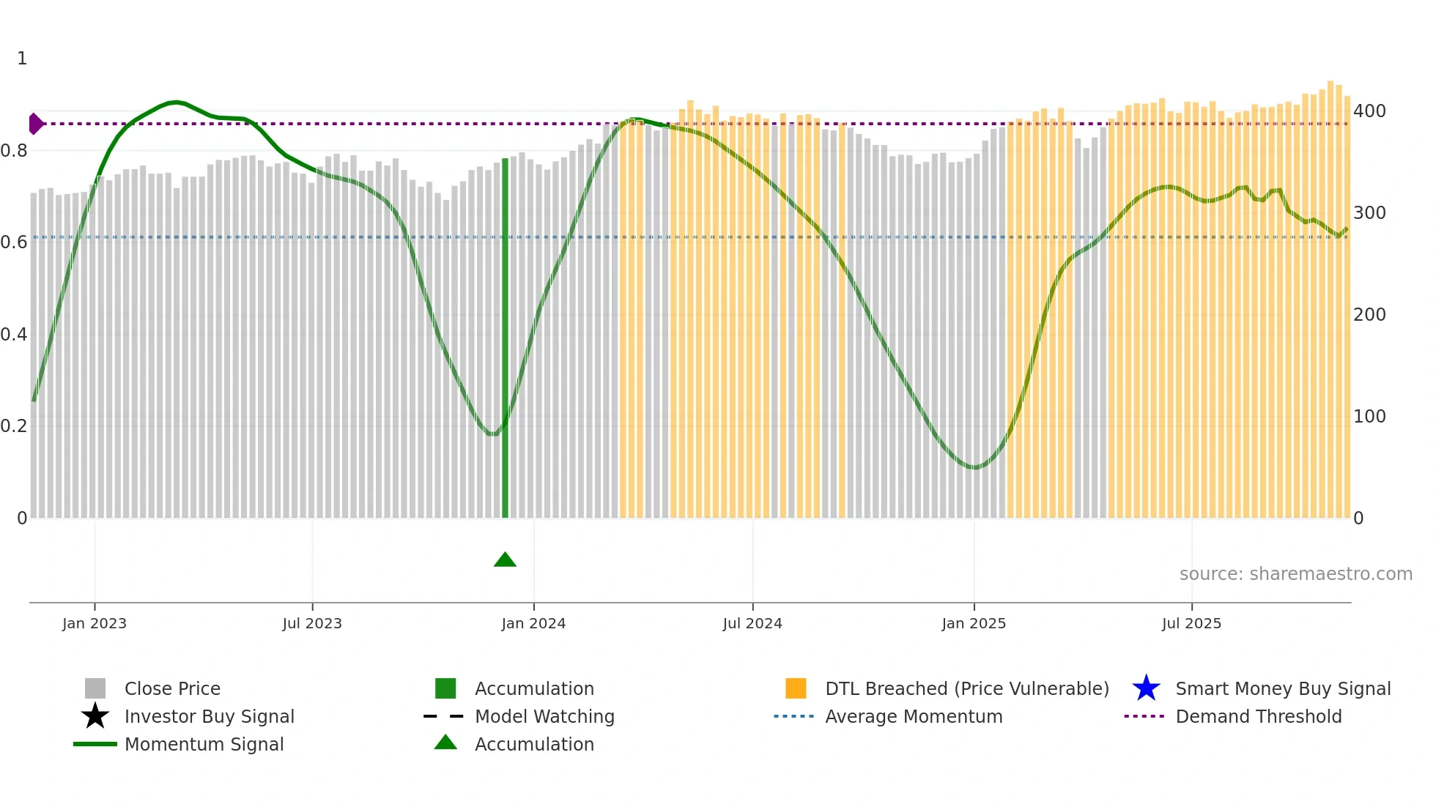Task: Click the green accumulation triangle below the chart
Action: click(505, 560)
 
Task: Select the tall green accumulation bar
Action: click(505, 337)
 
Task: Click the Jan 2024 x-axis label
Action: click(533, 623)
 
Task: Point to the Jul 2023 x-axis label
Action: click(312, 623)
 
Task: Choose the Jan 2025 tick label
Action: click(974, 623)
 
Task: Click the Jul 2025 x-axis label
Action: click(1191, 623)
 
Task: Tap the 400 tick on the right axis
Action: click(1369, 111)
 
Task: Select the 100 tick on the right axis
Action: click(1369, 417)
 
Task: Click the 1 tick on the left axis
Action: click(22, 59)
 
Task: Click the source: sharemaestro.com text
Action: click(1295, 574)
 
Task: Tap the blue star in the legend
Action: click(1146, 688)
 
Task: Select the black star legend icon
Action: click(95, 716)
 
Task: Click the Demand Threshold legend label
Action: click(1258, 716)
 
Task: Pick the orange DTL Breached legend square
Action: click(796, 688)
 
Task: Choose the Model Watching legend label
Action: click(544, 716)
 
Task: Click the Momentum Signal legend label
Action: click(204, 744)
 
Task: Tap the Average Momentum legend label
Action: click(914, 716)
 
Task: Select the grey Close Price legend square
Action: click(95, 688)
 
